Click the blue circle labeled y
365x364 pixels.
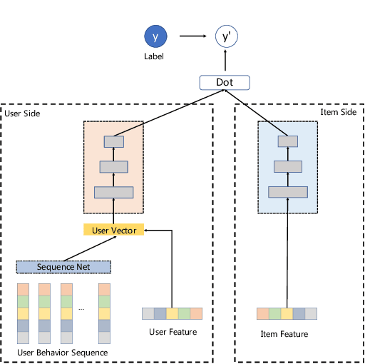coord(155,36)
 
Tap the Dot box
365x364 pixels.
coord(225,84)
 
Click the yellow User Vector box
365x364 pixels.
coord(114,230)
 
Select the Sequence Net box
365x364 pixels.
coord(64,267)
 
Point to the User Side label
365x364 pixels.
coord(22,113)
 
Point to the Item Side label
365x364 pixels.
coord(337,113)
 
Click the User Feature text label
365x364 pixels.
coord(173,332)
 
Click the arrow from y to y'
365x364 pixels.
coord(192,36)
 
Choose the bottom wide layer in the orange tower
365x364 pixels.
coord(114,192)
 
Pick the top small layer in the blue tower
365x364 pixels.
coord(288,141)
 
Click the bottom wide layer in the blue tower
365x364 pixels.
coord(288,191)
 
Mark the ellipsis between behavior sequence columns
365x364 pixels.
coord(81,308)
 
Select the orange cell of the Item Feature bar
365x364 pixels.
coord(262,314)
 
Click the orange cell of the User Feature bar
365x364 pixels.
coord(197,313)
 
